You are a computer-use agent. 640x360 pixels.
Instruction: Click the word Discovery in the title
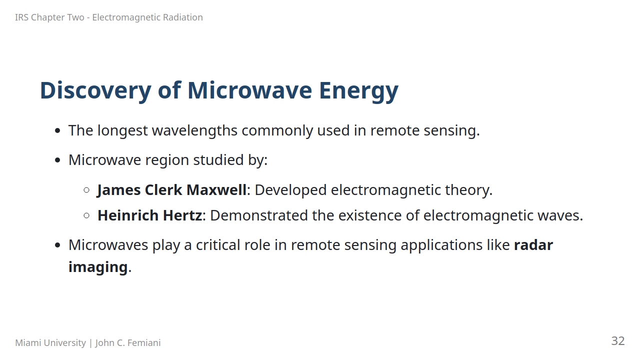(x=95, y=91)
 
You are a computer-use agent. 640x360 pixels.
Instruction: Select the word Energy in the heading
(x=358, y=91)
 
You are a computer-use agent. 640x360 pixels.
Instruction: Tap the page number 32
(x=617, y=341)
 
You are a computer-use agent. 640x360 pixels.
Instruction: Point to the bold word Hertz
(x=182, y=215)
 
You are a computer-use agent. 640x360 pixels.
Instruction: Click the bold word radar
(x=533, y=245)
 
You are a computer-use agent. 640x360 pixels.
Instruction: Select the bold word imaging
(x=98, y=267)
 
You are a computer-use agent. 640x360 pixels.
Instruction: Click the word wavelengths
(x=194, y=131)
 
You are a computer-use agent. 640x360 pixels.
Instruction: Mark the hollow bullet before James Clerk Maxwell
(x=86, y=190)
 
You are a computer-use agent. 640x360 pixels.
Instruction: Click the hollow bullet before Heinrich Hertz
(x=86, y=215)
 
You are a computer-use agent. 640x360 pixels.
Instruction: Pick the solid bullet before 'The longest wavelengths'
(x=57, y=131)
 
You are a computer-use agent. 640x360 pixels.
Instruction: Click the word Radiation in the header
(x=183, y=17)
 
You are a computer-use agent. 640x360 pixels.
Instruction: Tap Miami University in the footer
(x=50, y=343)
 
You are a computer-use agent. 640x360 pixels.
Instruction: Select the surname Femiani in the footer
(x=144, y=343)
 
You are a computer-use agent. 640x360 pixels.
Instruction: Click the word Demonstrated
(x=259, y=215)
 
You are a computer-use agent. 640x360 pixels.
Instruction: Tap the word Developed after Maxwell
(x=290, y=190)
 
